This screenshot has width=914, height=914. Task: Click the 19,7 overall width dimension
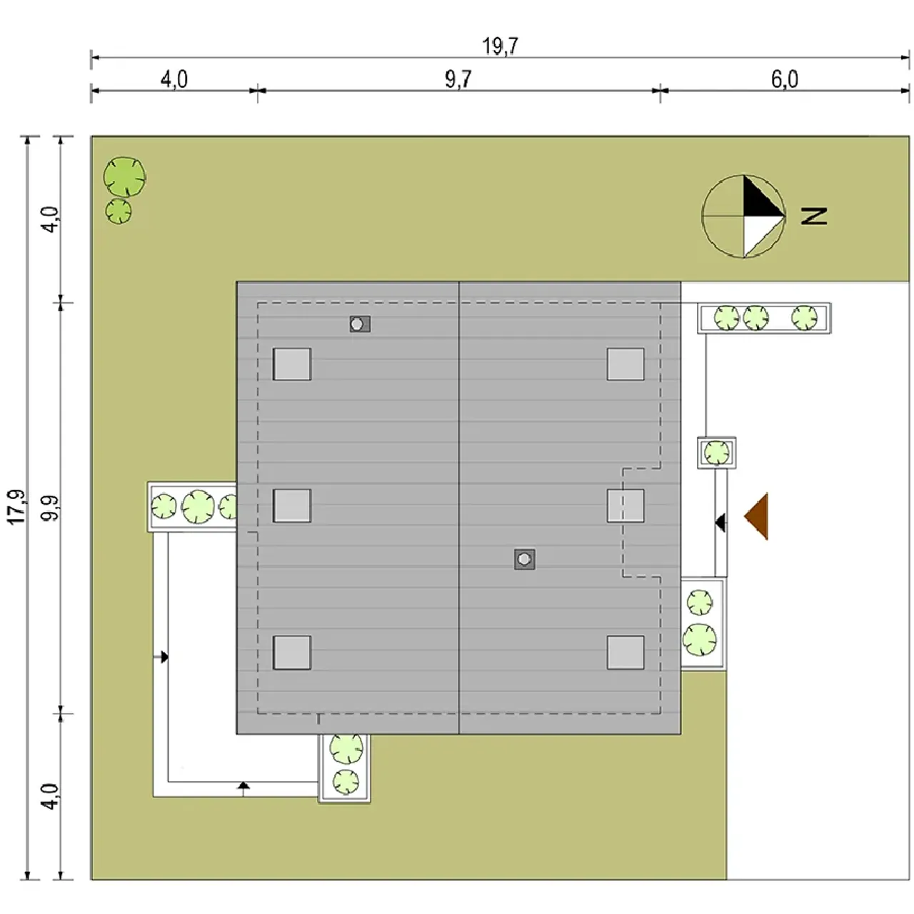(x=500, y=46)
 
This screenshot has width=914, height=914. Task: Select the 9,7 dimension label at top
(x=458, y=79)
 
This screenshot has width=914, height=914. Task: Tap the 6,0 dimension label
(x=785, y=79)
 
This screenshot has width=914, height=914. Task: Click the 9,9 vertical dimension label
(x=51, y=508)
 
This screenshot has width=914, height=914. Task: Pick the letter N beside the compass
(x=814, y=216)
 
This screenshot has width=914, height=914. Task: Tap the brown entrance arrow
(x=756, y=516)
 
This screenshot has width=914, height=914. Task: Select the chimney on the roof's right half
(x=525, y=560)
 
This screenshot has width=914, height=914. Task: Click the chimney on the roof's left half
(x=360, y=324)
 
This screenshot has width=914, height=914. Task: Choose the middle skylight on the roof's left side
(x=292, y=506)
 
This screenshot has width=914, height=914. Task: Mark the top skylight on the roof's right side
(x=626, y=364)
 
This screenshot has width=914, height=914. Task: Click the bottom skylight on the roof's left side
(x=292, y=653)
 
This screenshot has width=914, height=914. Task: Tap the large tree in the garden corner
(x=125, y=177)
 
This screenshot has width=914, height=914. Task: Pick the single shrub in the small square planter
(x=717, y=453)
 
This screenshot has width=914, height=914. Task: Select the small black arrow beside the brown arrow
(x=720, y=523)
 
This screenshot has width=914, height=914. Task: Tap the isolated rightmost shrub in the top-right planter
(x=805, y=317)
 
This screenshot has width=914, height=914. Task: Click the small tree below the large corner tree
(x=119, y=211)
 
